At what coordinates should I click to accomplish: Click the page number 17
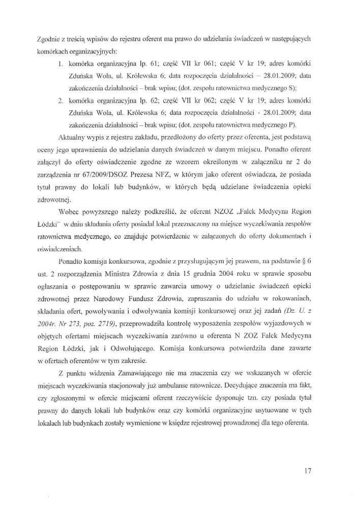point(307,471)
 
